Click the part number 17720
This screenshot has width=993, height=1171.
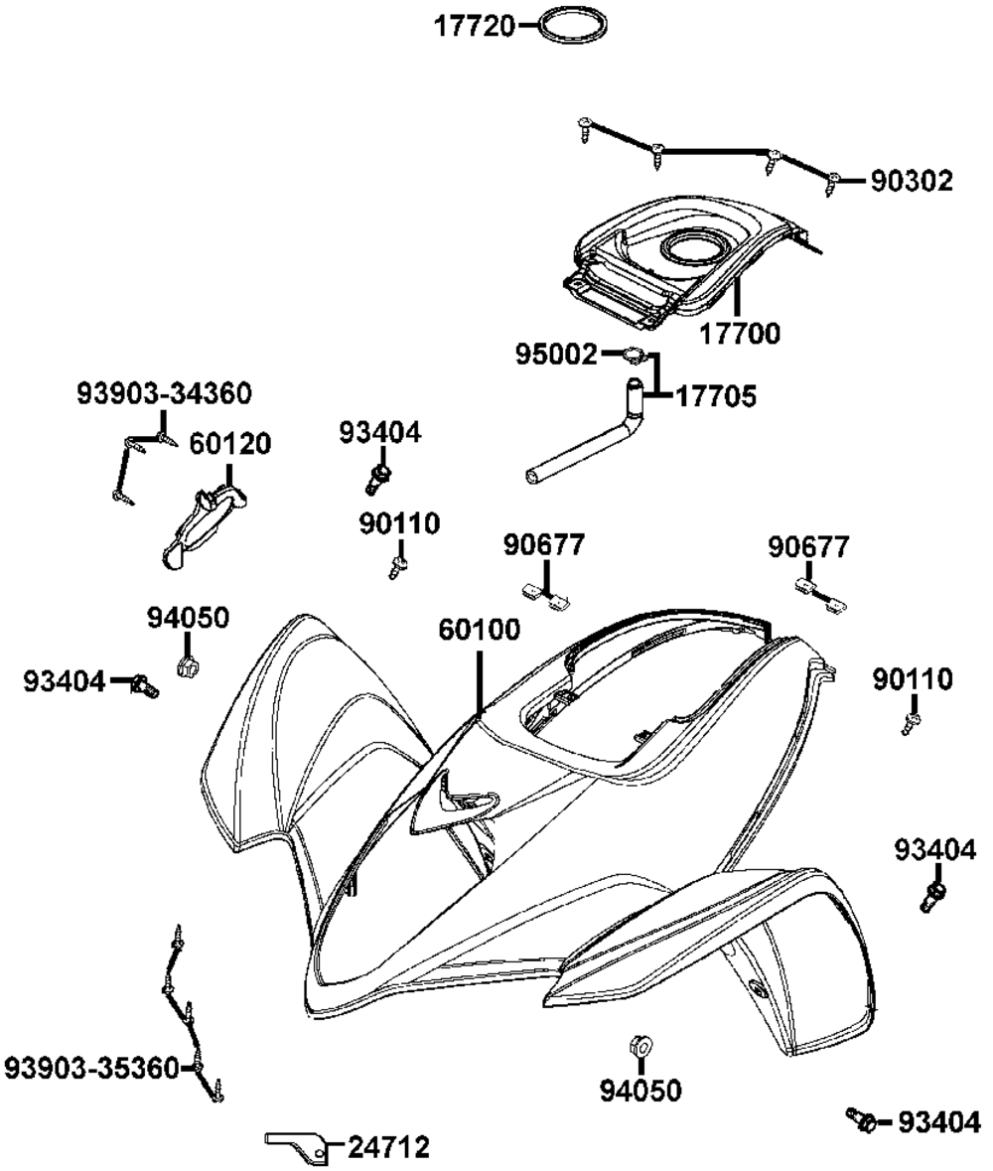[475, 26]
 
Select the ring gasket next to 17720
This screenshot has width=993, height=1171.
[573, 26]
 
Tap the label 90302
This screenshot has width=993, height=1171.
[912, 181]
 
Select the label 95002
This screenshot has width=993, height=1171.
[557, 354]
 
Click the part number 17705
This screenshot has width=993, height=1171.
[715, 397]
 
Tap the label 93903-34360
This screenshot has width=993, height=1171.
[164, 393]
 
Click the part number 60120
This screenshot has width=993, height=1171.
[229, 444]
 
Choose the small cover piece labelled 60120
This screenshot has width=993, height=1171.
[203, 520]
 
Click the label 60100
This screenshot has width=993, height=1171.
[480, 631]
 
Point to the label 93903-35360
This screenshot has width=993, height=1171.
[92, 1069]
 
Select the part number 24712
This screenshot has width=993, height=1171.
[388, 1148]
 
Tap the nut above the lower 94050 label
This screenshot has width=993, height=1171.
[639, 1045]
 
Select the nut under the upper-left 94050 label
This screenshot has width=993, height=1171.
[186, 664]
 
